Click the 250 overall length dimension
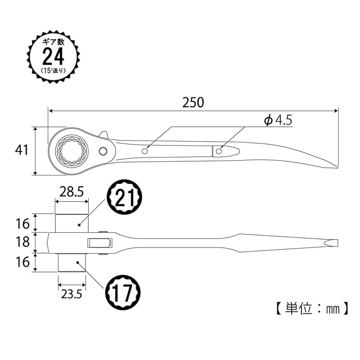click(x=193, y=102)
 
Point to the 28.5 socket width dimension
click(x=71, y=192)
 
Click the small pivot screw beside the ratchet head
click(x=103, y=151)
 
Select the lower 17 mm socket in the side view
click(x=71, y=263)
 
